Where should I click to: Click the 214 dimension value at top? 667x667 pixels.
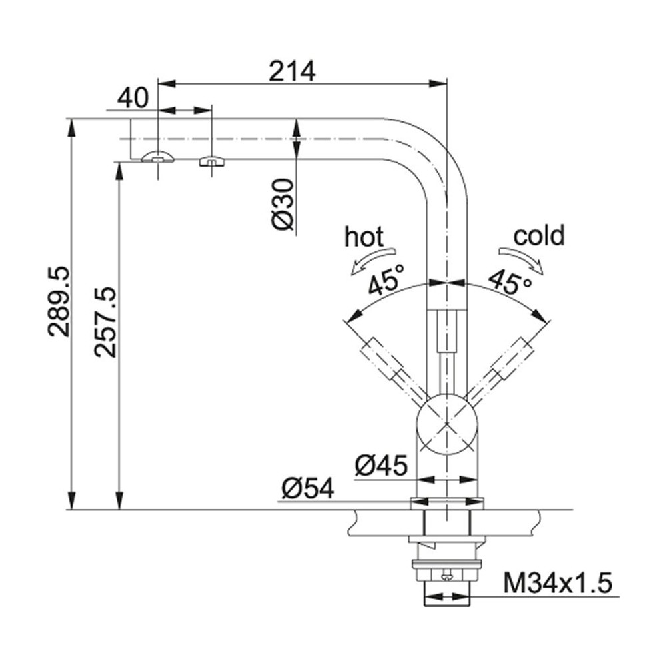tap(292, 71)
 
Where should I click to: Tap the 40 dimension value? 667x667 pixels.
tap(133, 99)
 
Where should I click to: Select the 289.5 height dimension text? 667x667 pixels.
tap(58, 301)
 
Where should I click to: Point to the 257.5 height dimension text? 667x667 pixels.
tap(105, 321)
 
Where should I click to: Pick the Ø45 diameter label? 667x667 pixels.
tap(380, 465)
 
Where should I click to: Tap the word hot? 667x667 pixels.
tap(364, 237)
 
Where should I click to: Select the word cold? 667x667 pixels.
tap(538, 235)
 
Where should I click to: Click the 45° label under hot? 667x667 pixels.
tap(386, 280)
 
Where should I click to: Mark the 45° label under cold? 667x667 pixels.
tap(510, 280)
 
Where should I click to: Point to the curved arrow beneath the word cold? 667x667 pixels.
tap(522, 259)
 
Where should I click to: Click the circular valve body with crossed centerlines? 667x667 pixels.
tap(446, 423)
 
